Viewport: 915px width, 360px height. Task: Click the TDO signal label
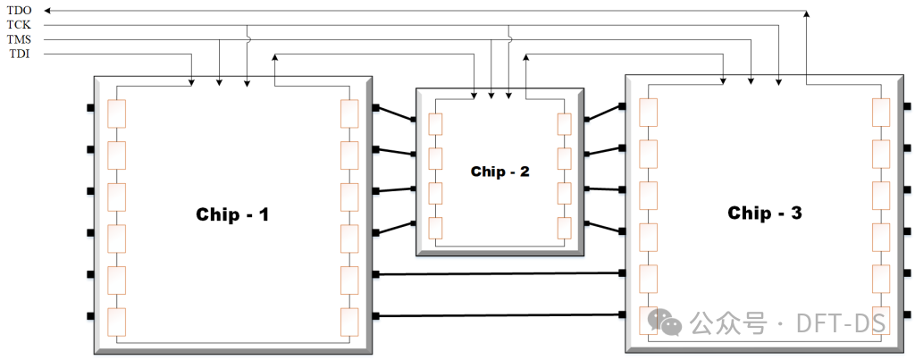coord(19,11)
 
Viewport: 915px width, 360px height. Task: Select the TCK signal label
coord(19,25)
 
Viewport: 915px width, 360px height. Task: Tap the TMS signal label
coord(19,40)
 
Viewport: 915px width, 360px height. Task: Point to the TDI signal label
coord(18,54)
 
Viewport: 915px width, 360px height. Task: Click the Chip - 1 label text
coord(232,214)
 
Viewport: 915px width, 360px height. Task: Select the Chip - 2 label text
coord(499,171)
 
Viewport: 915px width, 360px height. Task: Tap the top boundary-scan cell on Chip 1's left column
coord(116,113)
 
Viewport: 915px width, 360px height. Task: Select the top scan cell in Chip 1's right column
coord(349,113)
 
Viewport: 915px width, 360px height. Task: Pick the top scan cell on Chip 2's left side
coord(435,123)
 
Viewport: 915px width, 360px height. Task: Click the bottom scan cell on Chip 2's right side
coord(564,227)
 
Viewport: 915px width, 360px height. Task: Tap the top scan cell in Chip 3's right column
coord(881,111)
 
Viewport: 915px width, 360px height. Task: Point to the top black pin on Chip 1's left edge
coord(90,108)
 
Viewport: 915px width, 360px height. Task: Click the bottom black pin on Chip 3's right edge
coord(907,314)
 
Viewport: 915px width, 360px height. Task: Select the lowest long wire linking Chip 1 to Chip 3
coord(500,314)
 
